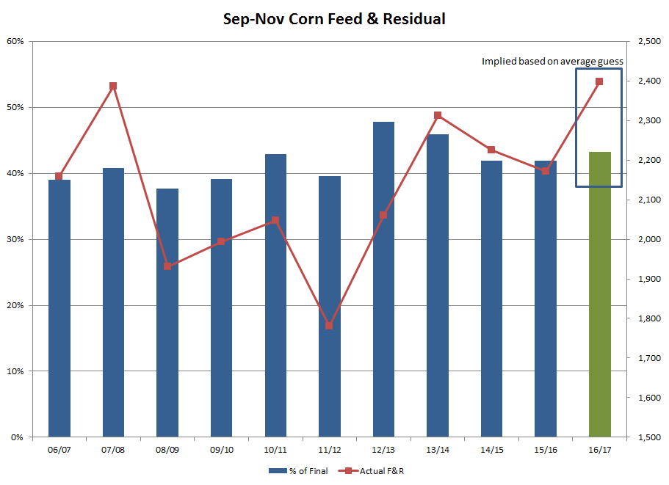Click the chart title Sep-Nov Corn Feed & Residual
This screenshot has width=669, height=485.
tap(334, 19)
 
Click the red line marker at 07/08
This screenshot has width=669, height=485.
tap(113, 86)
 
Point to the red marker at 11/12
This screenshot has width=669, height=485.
tap(329, 325)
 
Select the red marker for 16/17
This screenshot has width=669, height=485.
tap(599, 81)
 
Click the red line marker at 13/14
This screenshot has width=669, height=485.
tap(438, 115)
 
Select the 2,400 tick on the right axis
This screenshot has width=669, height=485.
tap(648, 81)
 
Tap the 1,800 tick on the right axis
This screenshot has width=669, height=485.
tap(648, 319)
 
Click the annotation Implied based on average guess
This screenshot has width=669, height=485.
tap(552, 62)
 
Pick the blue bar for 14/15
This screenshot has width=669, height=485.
tap(491, 299)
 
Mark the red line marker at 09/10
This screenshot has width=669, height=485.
tap(221, 241)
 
